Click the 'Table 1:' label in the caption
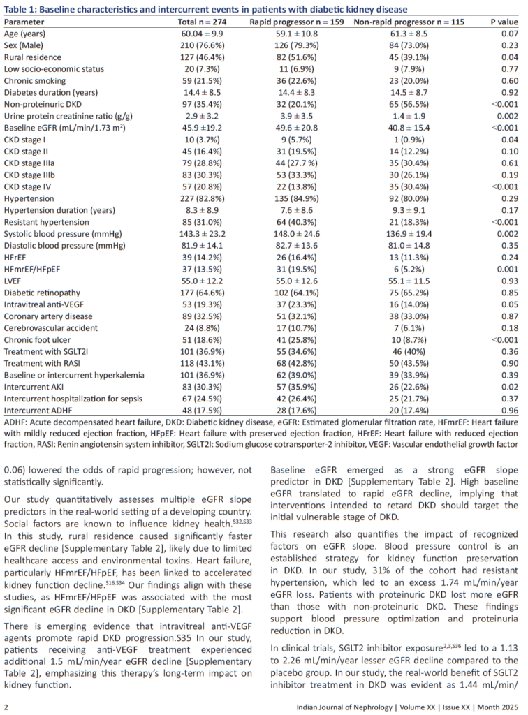(x=22, y=8)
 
